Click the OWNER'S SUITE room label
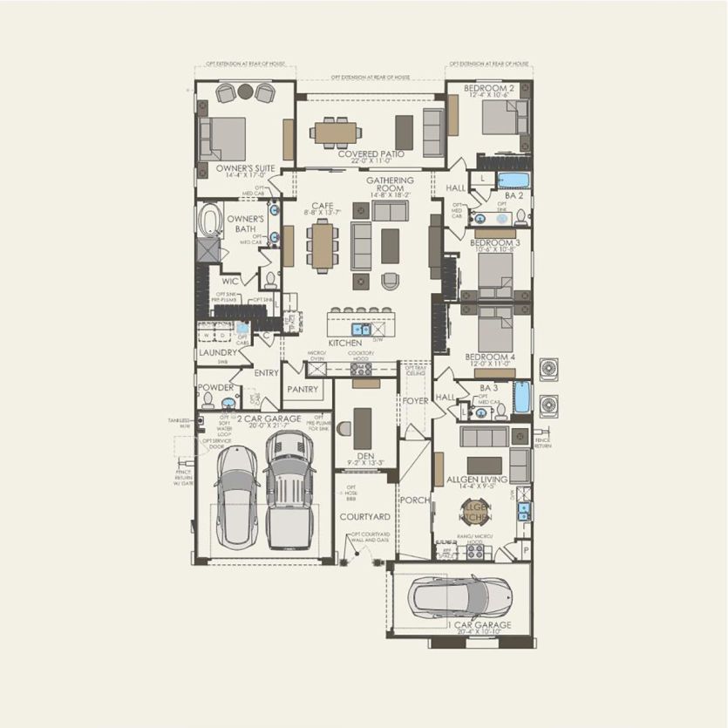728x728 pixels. click(x=234, y=167)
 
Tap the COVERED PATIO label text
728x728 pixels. click(x=371, y=153)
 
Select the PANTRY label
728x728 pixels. click(x=303, y=389)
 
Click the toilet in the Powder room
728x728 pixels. click(x=208, y=400)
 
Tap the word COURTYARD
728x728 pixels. click(x=364, y=517)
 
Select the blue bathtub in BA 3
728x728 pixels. click(x=521, y=398)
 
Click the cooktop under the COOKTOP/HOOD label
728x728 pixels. click(x=361, y=370)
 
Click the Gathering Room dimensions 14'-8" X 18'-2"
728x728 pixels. click(x=390, y=196)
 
